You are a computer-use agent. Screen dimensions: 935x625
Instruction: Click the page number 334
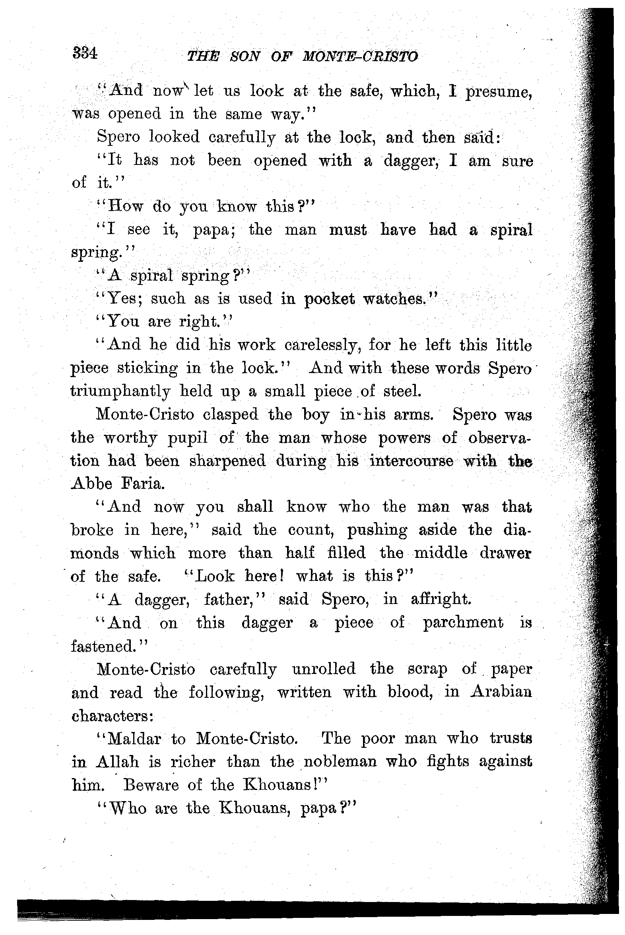[85, 53]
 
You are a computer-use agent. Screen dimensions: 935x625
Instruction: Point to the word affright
[441, 599]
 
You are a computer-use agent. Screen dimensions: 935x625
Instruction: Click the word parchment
[463, 623]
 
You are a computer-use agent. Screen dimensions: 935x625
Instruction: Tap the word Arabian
[501, 691]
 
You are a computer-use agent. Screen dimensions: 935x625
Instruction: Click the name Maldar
[134, 739]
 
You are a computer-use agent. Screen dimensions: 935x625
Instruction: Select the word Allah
[117, 762]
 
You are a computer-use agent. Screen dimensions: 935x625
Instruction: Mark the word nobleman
[340, 762]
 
